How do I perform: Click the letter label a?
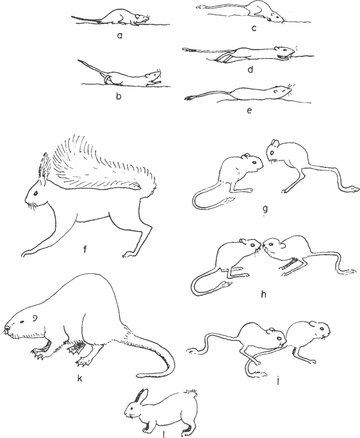[120, 35]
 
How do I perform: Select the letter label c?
[254, 28]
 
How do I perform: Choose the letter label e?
[250, 110]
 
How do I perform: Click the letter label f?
[85, 248]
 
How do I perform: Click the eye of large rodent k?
[22, 322]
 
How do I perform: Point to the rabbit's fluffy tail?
[193, 394]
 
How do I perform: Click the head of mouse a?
[142, 18]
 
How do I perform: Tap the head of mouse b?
[153, 75]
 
